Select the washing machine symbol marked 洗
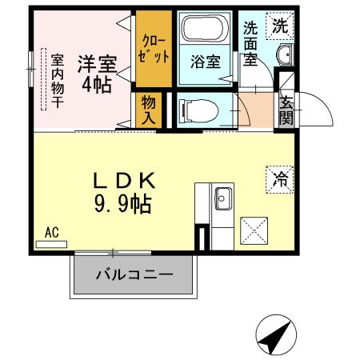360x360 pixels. pyautogui.click(x=279, y=25)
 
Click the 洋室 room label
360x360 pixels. pyautogui.click(x=96, y=62)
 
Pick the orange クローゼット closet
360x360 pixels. pyautogui.click(x=151, y=49)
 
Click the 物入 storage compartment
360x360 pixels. pyautogui.click(x=150, y=110)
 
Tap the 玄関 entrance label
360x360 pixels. pyautogui.click(x=286, y=111)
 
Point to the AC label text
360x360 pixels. pyautogui.click(x=52, y=233)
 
